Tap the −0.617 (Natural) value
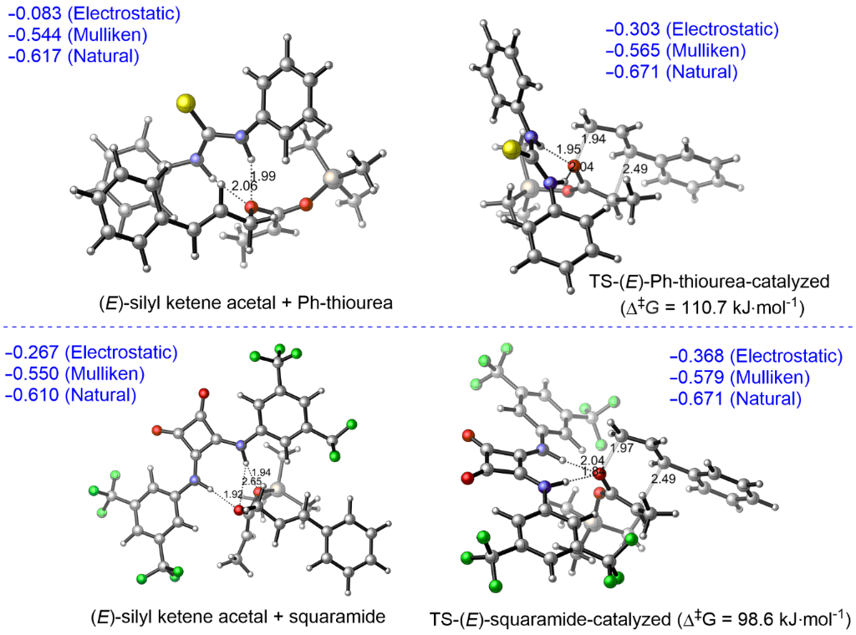74,57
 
